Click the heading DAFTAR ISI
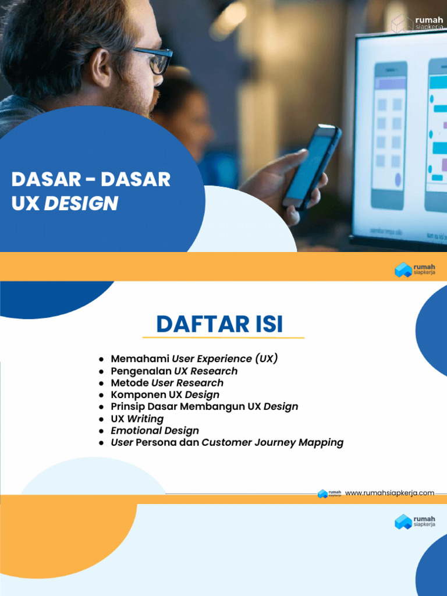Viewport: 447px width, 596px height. pos(219,324)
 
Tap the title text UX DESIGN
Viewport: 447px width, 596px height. pos(65,203)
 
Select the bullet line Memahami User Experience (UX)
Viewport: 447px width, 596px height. pos(194,359)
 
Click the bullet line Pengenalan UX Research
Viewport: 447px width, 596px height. pos(174,371)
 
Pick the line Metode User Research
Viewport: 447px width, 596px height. pos(167,383)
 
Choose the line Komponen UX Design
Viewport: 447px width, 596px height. pos(165,395)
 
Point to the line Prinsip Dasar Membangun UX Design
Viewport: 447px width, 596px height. pos(204,406)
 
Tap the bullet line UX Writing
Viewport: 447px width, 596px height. pos(137,418)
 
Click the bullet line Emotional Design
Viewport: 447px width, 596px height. pos(155,431)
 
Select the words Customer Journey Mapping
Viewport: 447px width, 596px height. pos(272,442)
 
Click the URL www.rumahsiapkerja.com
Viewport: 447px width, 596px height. pos(389,493)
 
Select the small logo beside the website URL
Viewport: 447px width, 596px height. pos(329,494)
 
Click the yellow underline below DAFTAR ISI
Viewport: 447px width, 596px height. pos(223,338)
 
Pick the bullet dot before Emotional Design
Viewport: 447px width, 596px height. pos(102,431)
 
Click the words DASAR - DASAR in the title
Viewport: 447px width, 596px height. pos(91,179)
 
